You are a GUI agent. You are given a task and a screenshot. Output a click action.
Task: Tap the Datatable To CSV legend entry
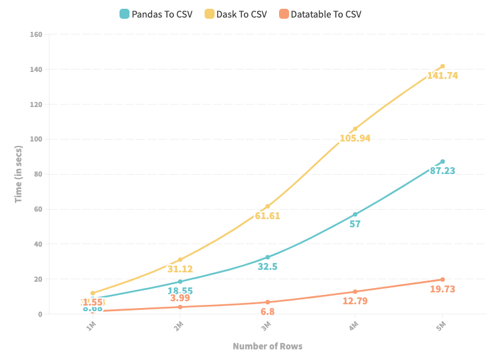tap(320, 14)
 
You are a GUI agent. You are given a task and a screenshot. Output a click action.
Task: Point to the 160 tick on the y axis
tap(36, 34)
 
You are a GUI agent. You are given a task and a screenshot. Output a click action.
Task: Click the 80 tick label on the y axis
tap(38, 174)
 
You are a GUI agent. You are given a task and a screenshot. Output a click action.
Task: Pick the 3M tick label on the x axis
tap(266, 326)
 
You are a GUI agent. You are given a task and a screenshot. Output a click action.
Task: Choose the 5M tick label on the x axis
tap(441, 326)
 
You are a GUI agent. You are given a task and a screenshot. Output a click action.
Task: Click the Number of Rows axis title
tap(267, 346)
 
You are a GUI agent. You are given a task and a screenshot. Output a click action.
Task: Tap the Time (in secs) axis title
tap(19, 174)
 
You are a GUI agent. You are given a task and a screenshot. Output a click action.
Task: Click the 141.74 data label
tap(442, 76)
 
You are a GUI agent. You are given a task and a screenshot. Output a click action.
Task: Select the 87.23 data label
tap(442, 170)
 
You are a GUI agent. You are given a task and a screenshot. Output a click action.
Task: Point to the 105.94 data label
tap(355, 138)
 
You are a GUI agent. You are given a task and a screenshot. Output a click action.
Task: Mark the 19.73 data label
tap(442, 289)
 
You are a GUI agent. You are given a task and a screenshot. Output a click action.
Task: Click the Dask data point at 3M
tap(268, 206)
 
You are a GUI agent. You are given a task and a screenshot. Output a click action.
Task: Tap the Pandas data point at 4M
tap(355, 214)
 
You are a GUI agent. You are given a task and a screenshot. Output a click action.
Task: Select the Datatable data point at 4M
tap(355, 292)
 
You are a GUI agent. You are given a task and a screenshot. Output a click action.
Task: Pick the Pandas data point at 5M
tap(442, 162)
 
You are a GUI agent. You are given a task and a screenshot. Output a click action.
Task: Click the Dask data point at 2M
tap(180, 259)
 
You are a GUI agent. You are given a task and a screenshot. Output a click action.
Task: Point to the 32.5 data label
tap(267, 266)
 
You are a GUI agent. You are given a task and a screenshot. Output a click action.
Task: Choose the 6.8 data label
tap(267, 311)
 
